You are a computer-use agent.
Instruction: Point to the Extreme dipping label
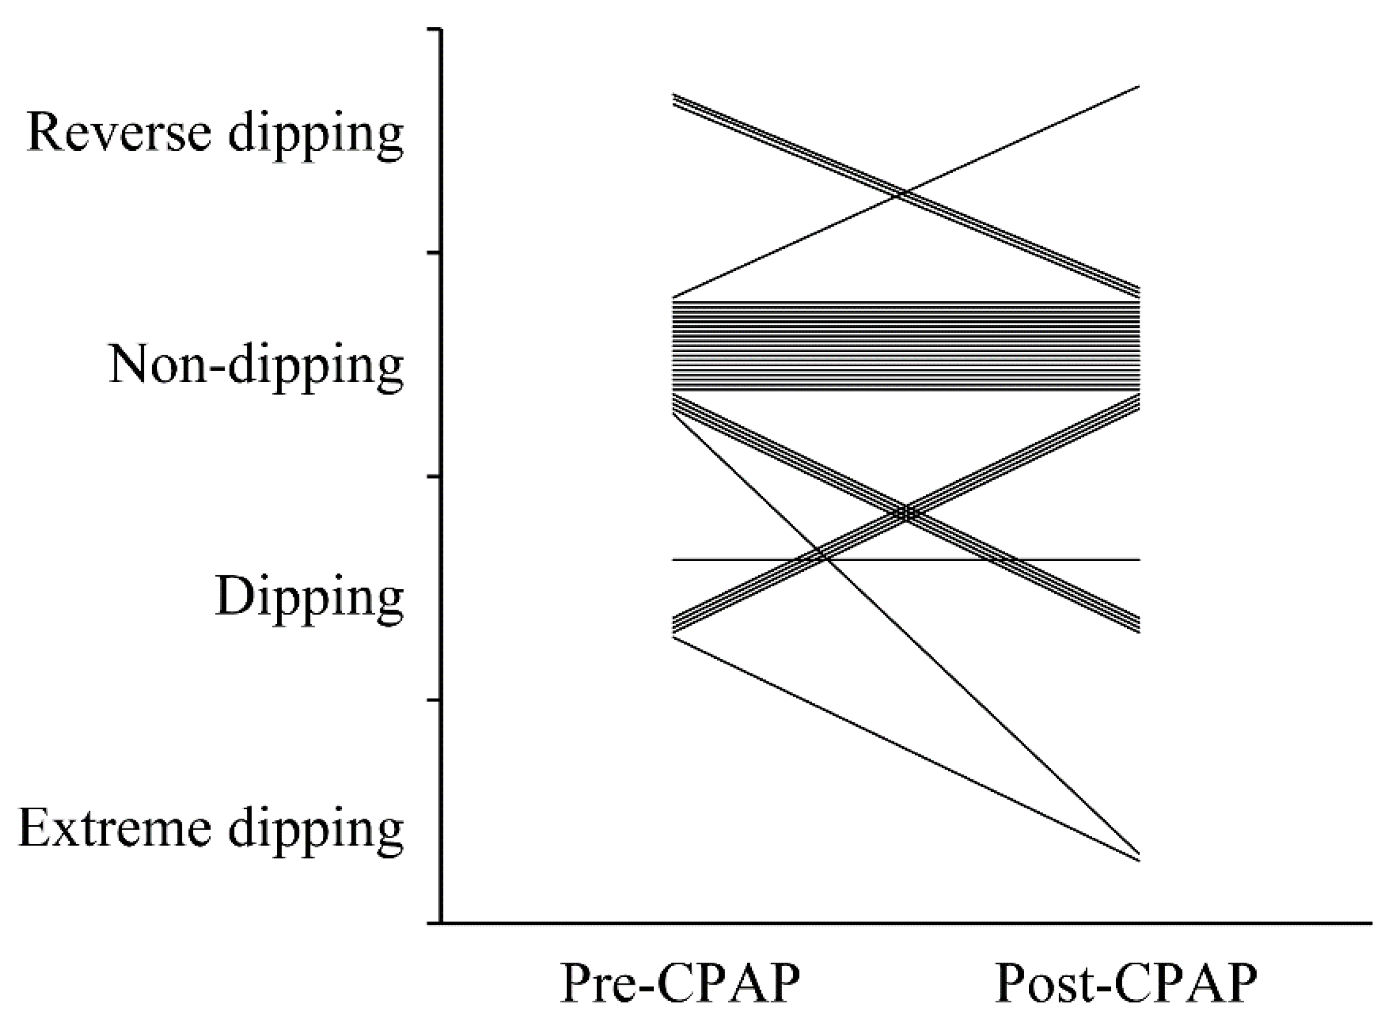(x=211, y=828)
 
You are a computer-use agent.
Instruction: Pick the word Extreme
(x=114, y=828)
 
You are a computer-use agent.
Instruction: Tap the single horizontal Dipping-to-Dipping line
(x=746, y=560)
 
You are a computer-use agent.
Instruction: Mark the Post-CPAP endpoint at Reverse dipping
(x=1138, y=87)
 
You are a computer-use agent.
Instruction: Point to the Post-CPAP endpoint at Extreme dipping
(x=1138, y=858)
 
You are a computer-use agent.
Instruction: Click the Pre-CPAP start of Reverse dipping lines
(x=675, y=99)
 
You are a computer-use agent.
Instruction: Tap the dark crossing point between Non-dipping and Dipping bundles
(x=906, y=513)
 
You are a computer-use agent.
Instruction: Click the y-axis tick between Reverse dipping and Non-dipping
(x=434, y=253)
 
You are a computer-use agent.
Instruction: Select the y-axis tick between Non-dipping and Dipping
(x=434, y=476)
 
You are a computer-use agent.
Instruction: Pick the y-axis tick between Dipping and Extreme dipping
(x=434, y=701)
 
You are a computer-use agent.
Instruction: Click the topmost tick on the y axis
(x=434, y=29)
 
